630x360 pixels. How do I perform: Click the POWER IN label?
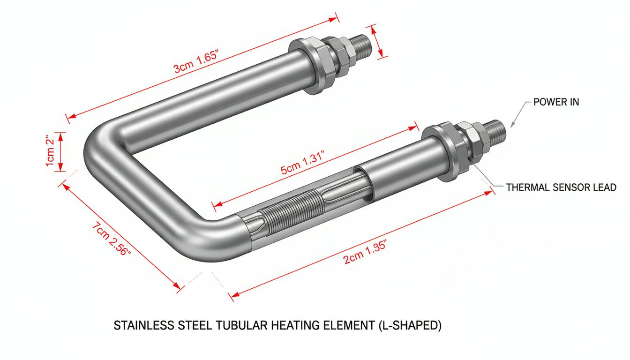click(556, 102)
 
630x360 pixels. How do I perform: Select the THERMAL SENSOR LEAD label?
click(561, 187)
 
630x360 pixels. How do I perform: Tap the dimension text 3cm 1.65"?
click(196, 61)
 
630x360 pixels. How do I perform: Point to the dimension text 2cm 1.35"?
click(365, 252)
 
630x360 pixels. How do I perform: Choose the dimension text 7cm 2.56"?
click(112, 239)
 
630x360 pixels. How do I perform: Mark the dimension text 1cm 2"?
click(50, 151)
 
